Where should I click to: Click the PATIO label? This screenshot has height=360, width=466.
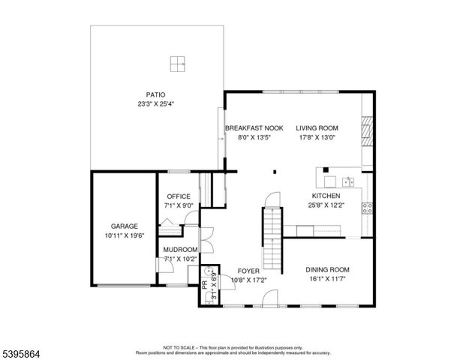[x=155, y=95]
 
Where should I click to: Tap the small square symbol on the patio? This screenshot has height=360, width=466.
[x=177, y=64]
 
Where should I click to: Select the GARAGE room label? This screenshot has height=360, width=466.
[x=125, y=225]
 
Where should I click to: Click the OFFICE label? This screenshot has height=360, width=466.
[x=179, y=196]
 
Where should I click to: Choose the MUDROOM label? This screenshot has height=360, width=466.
[x=181, y=250]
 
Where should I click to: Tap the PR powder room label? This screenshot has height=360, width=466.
[x=204, y=284]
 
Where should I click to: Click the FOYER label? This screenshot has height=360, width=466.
[x=248, y=270]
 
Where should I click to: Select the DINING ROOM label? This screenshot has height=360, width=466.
[x=327, y=270]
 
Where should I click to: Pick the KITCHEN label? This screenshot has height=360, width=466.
[x=327, y=196]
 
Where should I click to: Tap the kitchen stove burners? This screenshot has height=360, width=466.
[x=368, y=208]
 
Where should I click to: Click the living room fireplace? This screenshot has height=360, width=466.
[x=366, y=132]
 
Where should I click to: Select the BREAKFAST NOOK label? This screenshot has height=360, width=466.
[x=254, y=128]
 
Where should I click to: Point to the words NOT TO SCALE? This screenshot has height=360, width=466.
[x=179, y=348]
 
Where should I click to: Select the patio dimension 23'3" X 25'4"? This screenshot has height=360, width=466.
[x=155, y=105]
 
